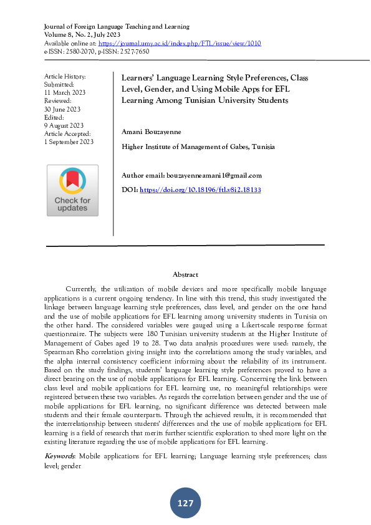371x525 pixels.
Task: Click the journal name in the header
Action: point(117,27)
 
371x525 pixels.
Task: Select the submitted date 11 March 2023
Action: point(64,92)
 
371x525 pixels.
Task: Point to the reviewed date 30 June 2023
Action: point(62,108)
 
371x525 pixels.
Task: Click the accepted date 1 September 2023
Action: point(69,142)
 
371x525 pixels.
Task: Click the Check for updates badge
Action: point(72,190)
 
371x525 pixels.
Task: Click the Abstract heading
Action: point(185,275)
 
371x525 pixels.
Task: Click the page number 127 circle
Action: point(185,503)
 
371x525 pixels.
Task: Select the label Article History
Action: point(65,76)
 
